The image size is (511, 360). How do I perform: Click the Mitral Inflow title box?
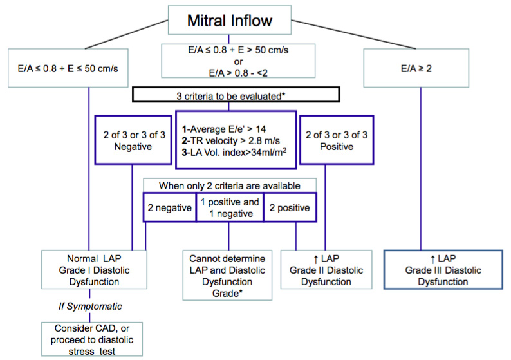click(229, 20)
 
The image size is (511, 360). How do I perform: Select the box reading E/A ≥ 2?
click(416, 68)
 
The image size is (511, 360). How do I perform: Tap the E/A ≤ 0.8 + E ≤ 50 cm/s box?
click(68, 68)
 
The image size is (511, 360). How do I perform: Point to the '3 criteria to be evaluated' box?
click(236, 95)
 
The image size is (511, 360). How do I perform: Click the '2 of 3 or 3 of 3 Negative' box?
click(133, 140)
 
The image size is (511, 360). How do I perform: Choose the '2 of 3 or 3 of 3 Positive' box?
click(337, 140)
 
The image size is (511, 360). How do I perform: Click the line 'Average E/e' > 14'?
click(224, 129)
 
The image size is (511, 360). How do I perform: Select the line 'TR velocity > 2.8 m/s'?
click(231, 141)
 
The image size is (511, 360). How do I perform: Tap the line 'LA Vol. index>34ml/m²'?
click(234, 152)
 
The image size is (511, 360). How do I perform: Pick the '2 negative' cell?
click(170, 207)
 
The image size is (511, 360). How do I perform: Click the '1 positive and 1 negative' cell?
click(230, 207)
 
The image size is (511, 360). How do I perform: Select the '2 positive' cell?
click(290, 207)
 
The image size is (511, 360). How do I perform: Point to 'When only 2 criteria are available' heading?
click(230, 186)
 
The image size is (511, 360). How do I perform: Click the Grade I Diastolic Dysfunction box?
click(94, 270)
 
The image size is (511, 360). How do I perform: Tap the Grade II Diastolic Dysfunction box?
click(326, 270)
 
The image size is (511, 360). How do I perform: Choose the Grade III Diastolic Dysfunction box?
click(443, 270)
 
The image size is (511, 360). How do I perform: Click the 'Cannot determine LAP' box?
click(227, 275)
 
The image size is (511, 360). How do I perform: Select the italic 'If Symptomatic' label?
click(90, 306)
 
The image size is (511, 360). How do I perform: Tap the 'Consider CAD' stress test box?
click(92, 339)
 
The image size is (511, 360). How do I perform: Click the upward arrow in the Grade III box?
click(432, 260)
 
